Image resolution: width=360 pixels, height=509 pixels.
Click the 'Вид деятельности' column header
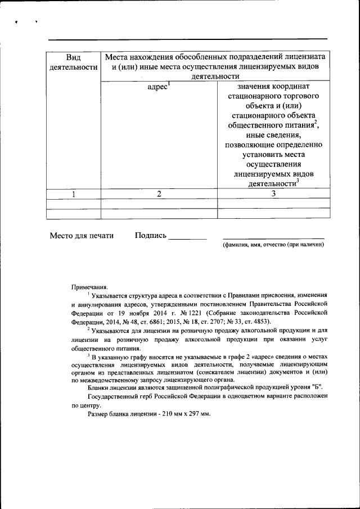coord(73,62)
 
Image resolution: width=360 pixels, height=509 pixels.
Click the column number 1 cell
coord(73,194)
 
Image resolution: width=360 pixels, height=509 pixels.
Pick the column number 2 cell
coord(159,194)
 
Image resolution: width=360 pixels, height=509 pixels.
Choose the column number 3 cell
coord(273,194)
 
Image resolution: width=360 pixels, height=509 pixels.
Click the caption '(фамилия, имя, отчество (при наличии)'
coord(273,245)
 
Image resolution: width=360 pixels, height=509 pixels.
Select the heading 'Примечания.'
coord(89,287)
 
